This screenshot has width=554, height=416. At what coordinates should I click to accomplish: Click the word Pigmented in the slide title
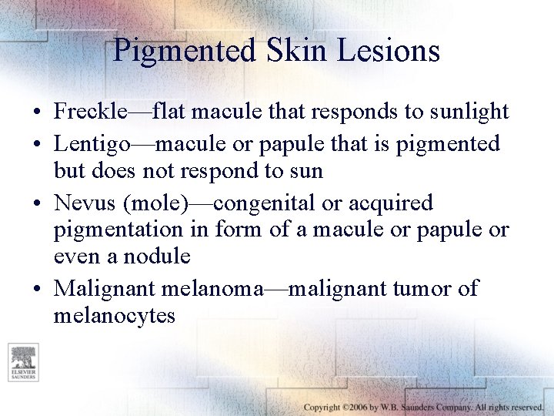(183, 51)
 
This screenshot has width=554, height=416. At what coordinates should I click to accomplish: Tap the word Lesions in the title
(392, 51)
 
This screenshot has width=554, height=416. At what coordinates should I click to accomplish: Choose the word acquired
(390, 203)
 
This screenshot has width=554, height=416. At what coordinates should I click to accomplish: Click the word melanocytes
(115, 315)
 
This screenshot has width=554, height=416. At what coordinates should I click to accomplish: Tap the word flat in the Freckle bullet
(170, 112)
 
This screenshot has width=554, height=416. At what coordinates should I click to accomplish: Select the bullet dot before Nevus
(37, 204)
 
